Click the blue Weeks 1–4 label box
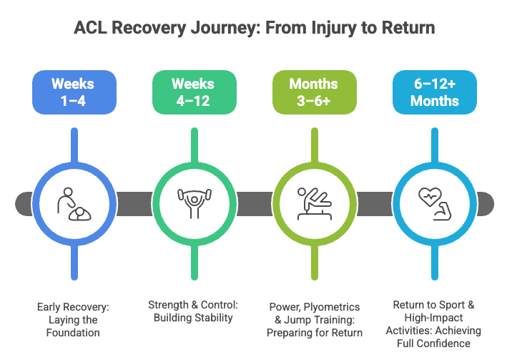tap(72, 92)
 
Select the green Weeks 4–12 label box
tap(192, 92)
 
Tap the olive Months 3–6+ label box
tap(313, 92)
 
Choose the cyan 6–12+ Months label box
tap(433, 92)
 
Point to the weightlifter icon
tap(192, 203)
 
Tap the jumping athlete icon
tap(313, 203)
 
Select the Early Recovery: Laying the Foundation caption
tap(72, 319)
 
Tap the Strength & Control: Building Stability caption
tap(192, 311)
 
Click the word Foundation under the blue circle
tap(72, 332)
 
